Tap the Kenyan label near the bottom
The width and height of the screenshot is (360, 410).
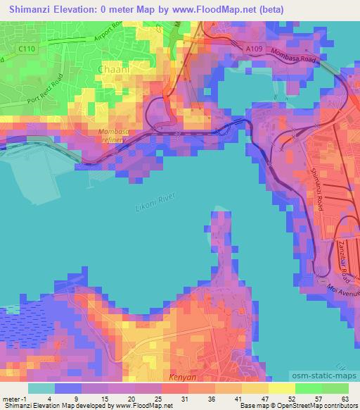184,378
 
